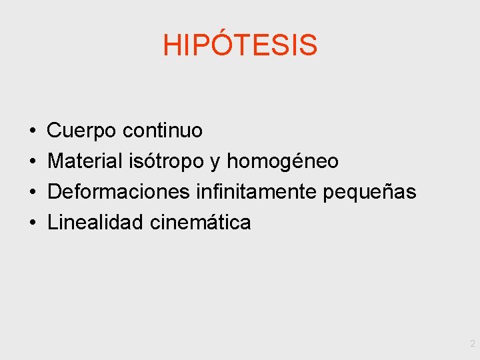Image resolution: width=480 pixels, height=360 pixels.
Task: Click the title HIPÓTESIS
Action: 240,45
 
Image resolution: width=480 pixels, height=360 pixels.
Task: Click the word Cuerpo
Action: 82,131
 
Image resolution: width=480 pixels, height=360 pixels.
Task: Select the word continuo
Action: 162,131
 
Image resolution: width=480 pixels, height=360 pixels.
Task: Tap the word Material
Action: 85,161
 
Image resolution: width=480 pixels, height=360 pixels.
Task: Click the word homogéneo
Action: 283,161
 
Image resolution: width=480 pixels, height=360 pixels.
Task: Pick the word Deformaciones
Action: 119,192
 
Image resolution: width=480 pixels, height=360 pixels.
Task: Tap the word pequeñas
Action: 369,193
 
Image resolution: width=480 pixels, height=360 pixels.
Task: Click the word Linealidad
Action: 95,223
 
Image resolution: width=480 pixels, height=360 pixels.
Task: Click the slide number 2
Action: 472,344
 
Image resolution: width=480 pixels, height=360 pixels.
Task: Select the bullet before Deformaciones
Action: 33,193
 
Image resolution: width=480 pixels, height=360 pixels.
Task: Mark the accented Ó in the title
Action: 209,44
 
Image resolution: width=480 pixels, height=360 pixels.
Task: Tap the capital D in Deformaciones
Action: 55,192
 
